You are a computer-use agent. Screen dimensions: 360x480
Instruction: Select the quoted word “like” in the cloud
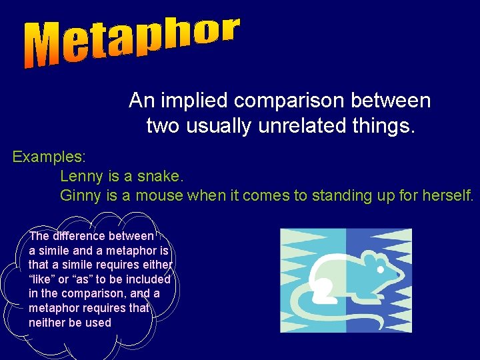point(41,279)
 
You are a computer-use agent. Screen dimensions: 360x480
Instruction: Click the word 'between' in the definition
point(387,101)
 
